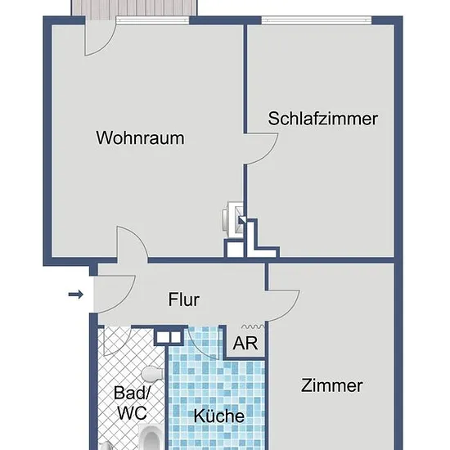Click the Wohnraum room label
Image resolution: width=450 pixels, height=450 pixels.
point(141,138)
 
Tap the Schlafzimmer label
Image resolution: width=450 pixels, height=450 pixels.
point(323,119)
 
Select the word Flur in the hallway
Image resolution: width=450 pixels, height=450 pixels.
point(183,299)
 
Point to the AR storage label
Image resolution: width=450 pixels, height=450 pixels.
point(245,343)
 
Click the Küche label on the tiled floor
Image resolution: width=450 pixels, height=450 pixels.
point(219,416)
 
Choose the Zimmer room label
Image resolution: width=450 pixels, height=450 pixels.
point(331,385)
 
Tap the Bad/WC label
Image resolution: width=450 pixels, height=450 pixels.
point(132,403)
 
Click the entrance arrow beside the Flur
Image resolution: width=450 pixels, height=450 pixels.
point(76,295)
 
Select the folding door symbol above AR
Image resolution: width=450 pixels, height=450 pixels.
point(253,326)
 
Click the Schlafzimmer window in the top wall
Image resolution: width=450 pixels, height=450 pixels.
point(317,20)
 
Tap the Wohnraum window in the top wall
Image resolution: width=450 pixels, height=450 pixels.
point(152,20)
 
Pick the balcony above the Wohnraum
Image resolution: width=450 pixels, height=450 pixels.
point(134,7)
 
